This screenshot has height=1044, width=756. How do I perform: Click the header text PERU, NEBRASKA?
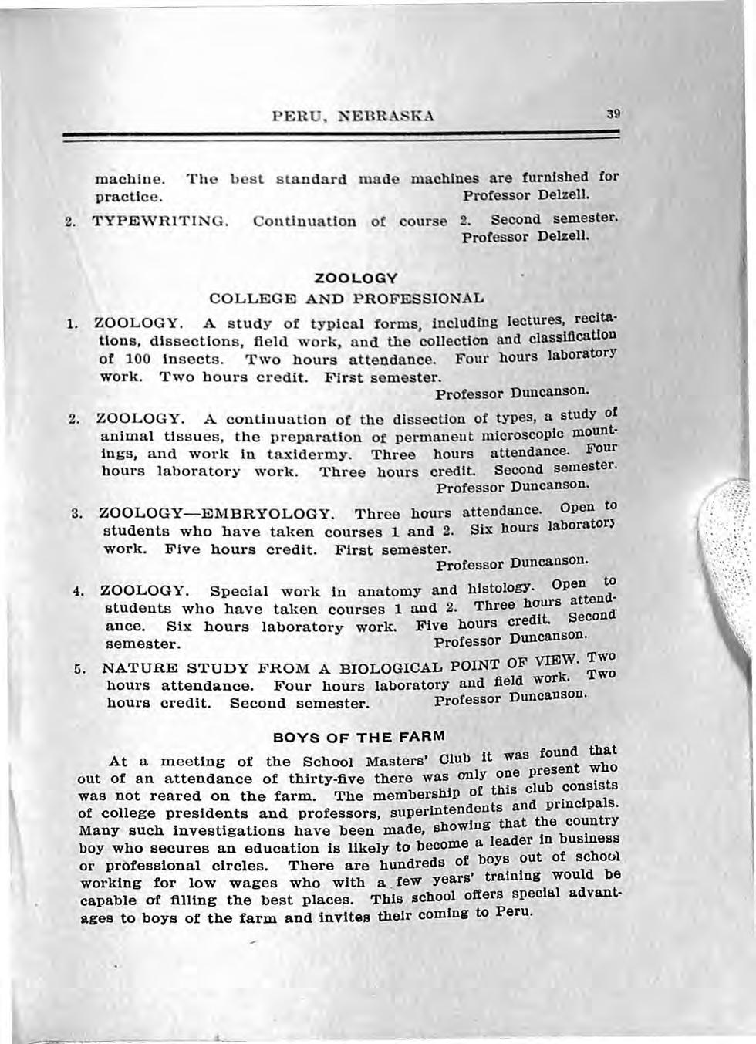point(353,117)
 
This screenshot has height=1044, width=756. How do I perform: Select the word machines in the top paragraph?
point(443,178)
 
